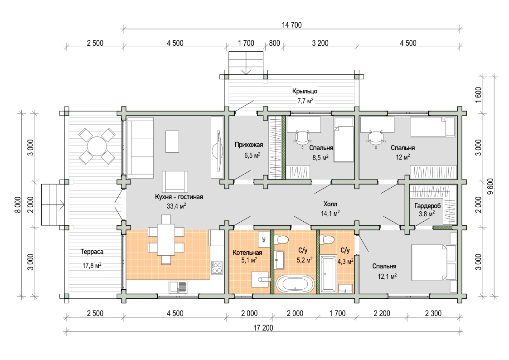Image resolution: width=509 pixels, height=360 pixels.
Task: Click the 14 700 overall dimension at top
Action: [291, 25]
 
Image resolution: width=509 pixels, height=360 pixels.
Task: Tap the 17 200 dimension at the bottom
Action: [263, 328]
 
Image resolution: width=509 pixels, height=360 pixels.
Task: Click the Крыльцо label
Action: [305, 91]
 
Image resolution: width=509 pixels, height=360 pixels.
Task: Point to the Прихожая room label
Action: [249, 145]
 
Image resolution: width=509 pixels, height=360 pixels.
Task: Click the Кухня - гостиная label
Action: [179, 197]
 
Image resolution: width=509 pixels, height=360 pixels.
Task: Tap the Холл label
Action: [330, 204]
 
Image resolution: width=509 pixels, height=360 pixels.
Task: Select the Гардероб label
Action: [427, 206]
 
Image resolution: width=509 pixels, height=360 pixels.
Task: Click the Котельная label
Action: [247, 253]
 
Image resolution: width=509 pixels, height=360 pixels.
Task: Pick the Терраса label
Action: [92, 252]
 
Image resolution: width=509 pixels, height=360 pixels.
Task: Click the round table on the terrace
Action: [97, 146]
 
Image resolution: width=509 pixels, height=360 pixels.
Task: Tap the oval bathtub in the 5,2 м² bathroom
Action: [295, 284]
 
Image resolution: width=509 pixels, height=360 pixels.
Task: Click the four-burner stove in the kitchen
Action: [217, 268]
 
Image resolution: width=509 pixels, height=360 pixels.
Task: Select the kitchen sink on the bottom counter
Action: [178, 287]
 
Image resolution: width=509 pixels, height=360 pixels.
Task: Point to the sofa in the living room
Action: [141, 148]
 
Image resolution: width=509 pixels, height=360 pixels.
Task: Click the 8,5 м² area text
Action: [320, 157]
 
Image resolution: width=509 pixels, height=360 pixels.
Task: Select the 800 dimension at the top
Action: [275, 43]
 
